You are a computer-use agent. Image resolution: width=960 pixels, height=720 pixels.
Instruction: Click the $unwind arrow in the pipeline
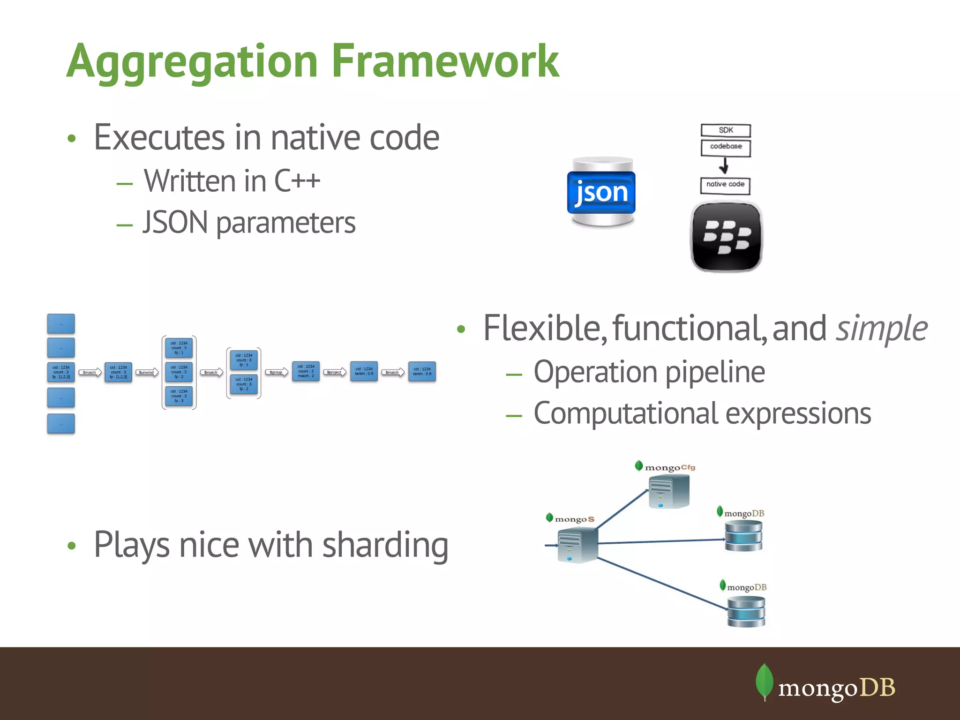pyautogui.click(x=147, y=372)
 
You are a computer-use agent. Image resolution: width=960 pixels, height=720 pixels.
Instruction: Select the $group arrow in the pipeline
pyautogui.click(x=277, y=372)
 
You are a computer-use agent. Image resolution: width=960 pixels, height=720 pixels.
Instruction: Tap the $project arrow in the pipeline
pyautogui.click(x=335, y=372)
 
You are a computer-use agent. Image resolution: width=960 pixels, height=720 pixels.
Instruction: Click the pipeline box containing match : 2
pyautogui.click(x=306, y=371)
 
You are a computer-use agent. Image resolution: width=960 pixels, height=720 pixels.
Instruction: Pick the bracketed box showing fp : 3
pyautogui.click(x=179, y=396)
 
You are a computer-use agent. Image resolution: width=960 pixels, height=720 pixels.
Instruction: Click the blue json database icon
pyautogui.click(x=602, y=192)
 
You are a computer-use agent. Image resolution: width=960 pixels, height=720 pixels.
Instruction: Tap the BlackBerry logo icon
pyautogui.click(x=726, y=237)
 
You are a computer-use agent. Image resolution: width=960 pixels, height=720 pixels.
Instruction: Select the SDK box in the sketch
pyautogui.click(x=726, y=130)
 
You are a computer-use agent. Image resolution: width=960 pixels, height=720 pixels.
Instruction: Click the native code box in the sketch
pyautogui.click(x=725, y=185)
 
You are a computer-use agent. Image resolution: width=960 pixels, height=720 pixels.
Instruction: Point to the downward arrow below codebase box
pyautogui.click(x=724, y=165)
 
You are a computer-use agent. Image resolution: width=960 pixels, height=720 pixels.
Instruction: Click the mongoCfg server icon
pyautogui.click(x=669, y=491)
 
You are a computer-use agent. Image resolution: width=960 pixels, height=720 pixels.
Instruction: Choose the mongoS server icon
pyautogui.click(x=577, y=545)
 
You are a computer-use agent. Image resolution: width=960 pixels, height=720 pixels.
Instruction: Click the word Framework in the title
pyautogui.click(x=445, y=61)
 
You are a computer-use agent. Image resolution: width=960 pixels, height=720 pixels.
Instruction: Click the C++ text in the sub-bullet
pyautogui.click(x=297, y=181)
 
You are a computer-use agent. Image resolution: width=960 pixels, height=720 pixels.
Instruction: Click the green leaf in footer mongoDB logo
pyautogui.click(x=765, y=681)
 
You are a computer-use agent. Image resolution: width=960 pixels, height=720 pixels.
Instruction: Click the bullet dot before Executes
pyautogui.click(x=71, y=138)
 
